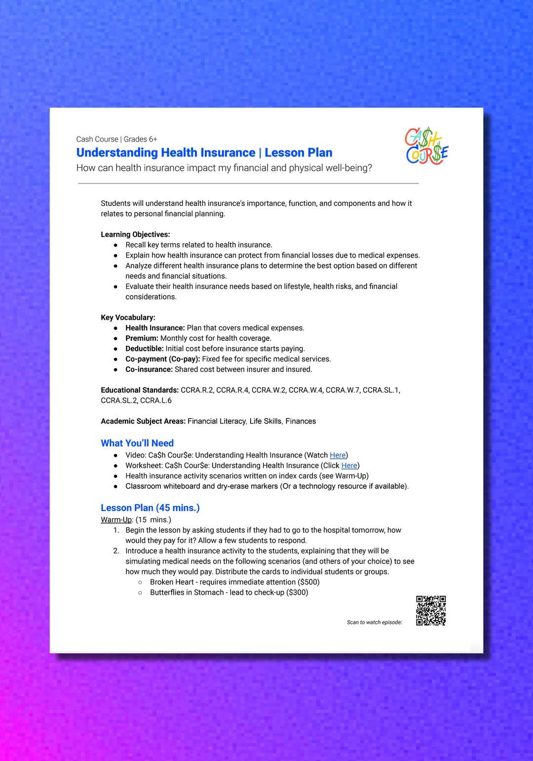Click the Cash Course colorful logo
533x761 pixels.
[427, 146]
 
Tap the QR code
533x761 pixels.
[431, 610]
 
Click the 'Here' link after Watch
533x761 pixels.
[338, 455]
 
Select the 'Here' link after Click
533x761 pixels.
[349, 465]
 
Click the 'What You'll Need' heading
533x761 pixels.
[137, 443]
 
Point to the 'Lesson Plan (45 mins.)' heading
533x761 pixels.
[150, 508]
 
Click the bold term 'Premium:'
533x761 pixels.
[142, 338]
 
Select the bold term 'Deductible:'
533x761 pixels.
[144, 348]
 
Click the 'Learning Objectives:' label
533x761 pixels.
[135, 234]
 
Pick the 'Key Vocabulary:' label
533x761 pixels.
[128, 317]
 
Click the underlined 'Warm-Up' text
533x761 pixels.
[116, 520]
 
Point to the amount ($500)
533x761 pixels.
[309, 582]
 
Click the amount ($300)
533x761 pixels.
[297, 592]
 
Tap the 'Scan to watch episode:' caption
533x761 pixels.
[374, 622]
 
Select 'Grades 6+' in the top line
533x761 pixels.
[140, 139]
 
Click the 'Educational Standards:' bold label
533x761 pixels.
[140, 390]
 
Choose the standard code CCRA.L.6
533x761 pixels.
[156, 400]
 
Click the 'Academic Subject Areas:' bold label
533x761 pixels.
[143, 421]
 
